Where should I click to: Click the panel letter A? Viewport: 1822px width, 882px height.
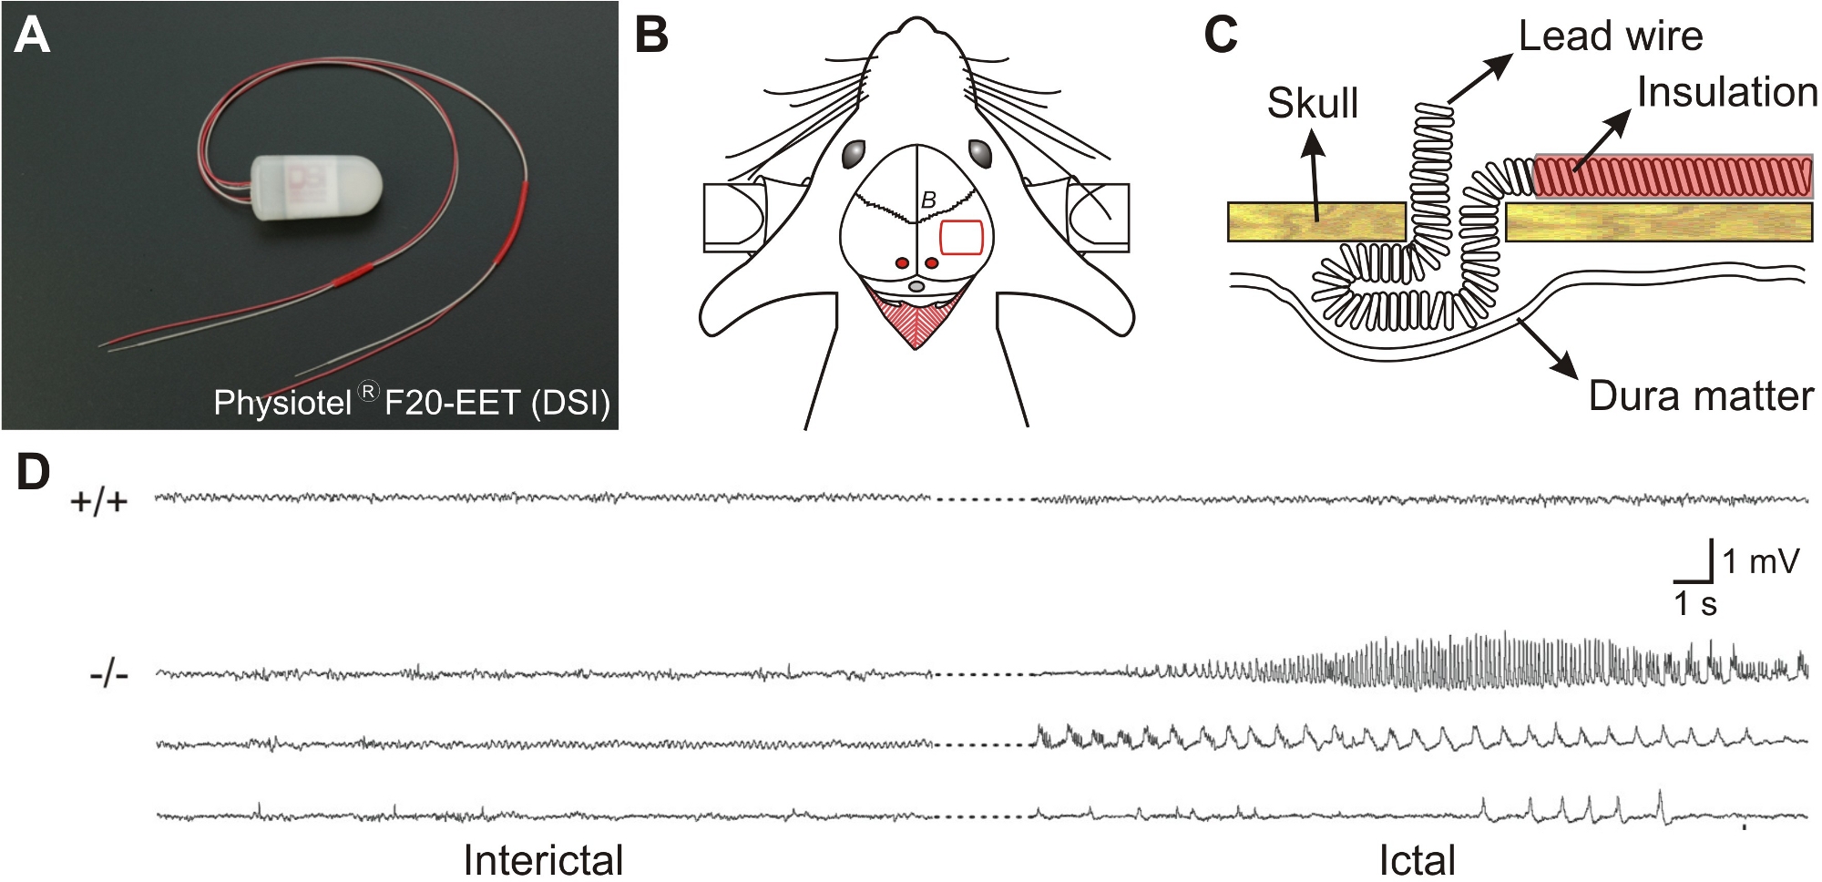(x=33, y=36)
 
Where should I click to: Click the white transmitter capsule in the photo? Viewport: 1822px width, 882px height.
(x=316, y=187)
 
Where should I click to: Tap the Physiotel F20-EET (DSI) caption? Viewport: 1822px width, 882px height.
(x=411, y=402)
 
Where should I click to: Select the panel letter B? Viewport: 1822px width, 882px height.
(x=651, y=36)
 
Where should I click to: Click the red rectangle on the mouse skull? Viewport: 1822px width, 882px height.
(x=961, y=237)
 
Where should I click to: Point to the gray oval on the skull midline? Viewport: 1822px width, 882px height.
(x=917, y=286)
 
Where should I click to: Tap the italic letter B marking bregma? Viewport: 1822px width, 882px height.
(x=928, y=200)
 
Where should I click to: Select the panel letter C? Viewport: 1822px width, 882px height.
(x=1221, y=36)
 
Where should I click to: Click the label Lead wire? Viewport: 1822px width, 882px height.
(x=1610, y=36)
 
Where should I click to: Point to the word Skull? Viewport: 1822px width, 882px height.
(x=1312, y=103)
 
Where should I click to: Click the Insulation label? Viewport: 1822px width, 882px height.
(x=1726, y=93)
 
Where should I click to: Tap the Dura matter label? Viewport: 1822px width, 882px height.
(x=1700, y=396)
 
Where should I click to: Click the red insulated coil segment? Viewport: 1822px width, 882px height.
(x=1673, y=177)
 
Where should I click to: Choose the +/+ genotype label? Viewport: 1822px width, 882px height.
(x=99, y=501)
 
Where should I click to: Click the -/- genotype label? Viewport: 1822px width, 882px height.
(x=109, y=675)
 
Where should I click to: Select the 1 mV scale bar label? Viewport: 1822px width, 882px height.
(x=1760, y=561)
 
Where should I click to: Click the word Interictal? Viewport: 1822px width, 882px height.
(x=543, y=859)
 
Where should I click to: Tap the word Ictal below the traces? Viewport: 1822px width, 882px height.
(x=1417, y=859)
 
